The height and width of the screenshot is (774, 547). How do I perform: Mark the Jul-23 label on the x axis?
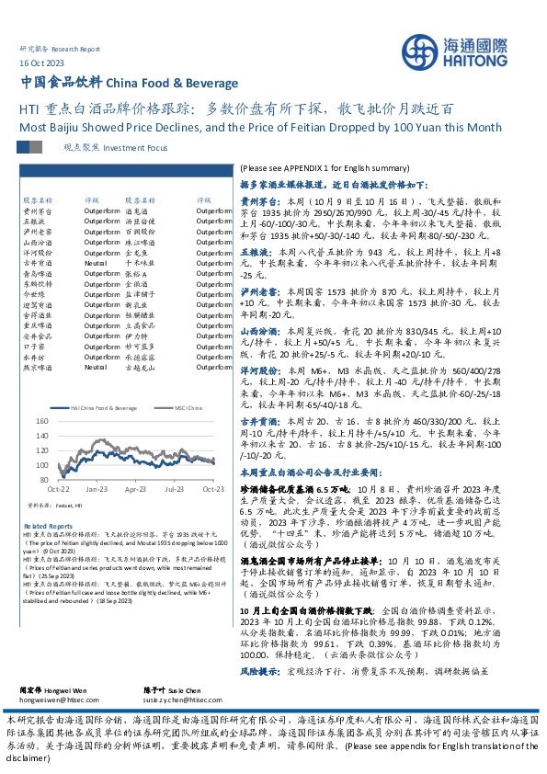[x=175, y=489]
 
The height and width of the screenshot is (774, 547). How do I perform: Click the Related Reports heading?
[x=41, y=525]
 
